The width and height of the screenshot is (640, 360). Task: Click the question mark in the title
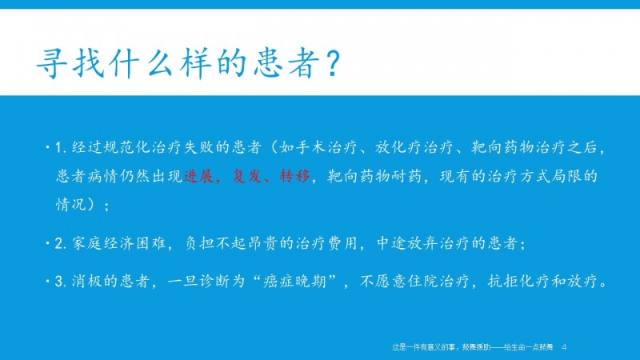(x=333, y=64)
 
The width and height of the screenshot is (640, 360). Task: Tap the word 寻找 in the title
(x=71, y=64)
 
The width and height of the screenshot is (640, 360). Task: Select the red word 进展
(x=198, y=176)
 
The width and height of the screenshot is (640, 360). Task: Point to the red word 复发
(x=247, y=176)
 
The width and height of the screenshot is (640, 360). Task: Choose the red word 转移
(x=295, y=176)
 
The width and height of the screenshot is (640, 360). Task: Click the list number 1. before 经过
(x=61, y=147)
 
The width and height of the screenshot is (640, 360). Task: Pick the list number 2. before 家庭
(x=61, y=243)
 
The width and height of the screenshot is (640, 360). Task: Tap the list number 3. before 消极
(x=61, y=282)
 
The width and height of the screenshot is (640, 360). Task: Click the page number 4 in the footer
(x=564, y=347)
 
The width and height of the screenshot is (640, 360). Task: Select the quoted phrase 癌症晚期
(x=295, y=282)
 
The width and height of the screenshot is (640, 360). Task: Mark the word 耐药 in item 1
(x=407, y=176)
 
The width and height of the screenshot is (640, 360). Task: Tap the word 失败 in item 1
(x=199, y=147)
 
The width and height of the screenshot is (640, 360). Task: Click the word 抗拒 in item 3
(x=503, y=282)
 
